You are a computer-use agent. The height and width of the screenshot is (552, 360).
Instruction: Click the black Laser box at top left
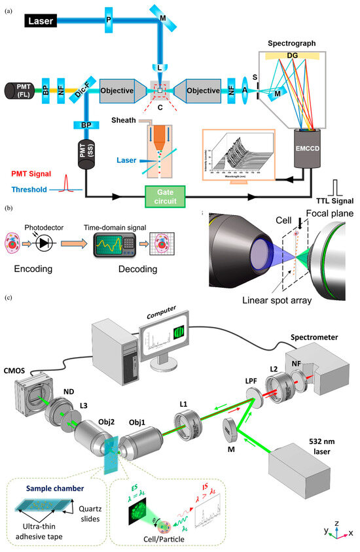click(x=49, y=22)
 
